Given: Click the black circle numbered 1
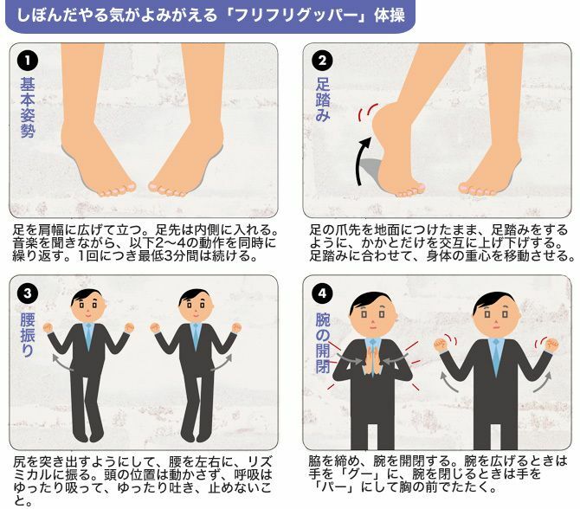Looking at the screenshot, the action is point(28,61).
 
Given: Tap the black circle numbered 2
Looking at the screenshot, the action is point(322,61).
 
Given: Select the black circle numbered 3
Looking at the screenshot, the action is point(28,293).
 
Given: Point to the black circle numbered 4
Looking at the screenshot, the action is point(322,293).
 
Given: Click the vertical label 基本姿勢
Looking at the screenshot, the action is point(28,107).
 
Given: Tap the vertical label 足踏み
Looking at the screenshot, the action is point(323,100).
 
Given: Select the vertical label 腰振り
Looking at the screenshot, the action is point(28,334).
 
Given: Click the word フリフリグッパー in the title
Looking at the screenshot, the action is point(296,16).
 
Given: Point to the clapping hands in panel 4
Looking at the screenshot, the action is point(372,361).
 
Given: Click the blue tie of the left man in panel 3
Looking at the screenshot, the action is point(88,336).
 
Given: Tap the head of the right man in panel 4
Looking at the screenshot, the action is point(496,312).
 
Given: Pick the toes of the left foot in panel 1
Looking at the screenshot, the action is point(115,190).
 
